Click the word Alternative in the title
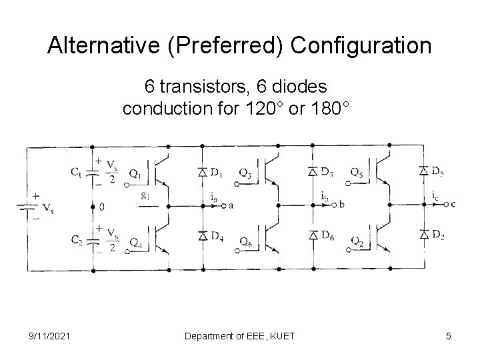94,46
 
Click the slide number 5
449,336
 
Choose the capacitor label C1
77,172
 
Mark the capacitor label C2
77,237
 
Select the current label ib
323,197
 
